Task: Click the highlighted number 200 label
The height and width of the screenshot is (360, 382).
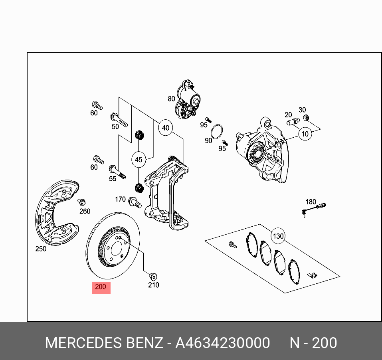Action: tap(101, 287)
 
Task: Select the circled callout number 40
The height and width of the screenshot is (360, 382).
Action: tap(165, 128)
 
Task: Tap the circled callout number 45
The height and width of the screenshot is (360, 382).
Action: tap(138, 160)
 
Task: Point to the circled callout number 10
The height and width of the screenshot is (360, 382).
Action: tap(305, 134)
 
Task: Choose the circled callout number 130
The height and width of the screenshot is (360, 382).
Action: tap(278, 236)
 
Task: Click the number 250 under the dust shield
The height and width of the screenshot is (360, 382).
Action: tap(41, 249)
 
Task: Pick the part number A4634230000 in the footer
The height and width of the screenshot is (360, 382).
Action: tap(223, 343)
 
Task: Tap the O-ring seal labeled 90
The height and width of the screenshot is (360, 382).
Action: tap(217, 131)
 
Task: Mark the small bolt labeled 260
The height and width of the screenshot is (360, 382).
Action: tap(82, 202)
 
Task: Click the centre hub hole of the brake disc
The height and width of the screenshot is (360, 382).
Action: tap(116, 249)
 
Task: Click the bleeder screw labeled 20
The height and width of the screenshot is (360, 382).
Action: tap(293, 122)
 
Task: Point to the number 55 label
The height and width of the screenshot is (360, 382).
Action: tap(113, 178)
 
